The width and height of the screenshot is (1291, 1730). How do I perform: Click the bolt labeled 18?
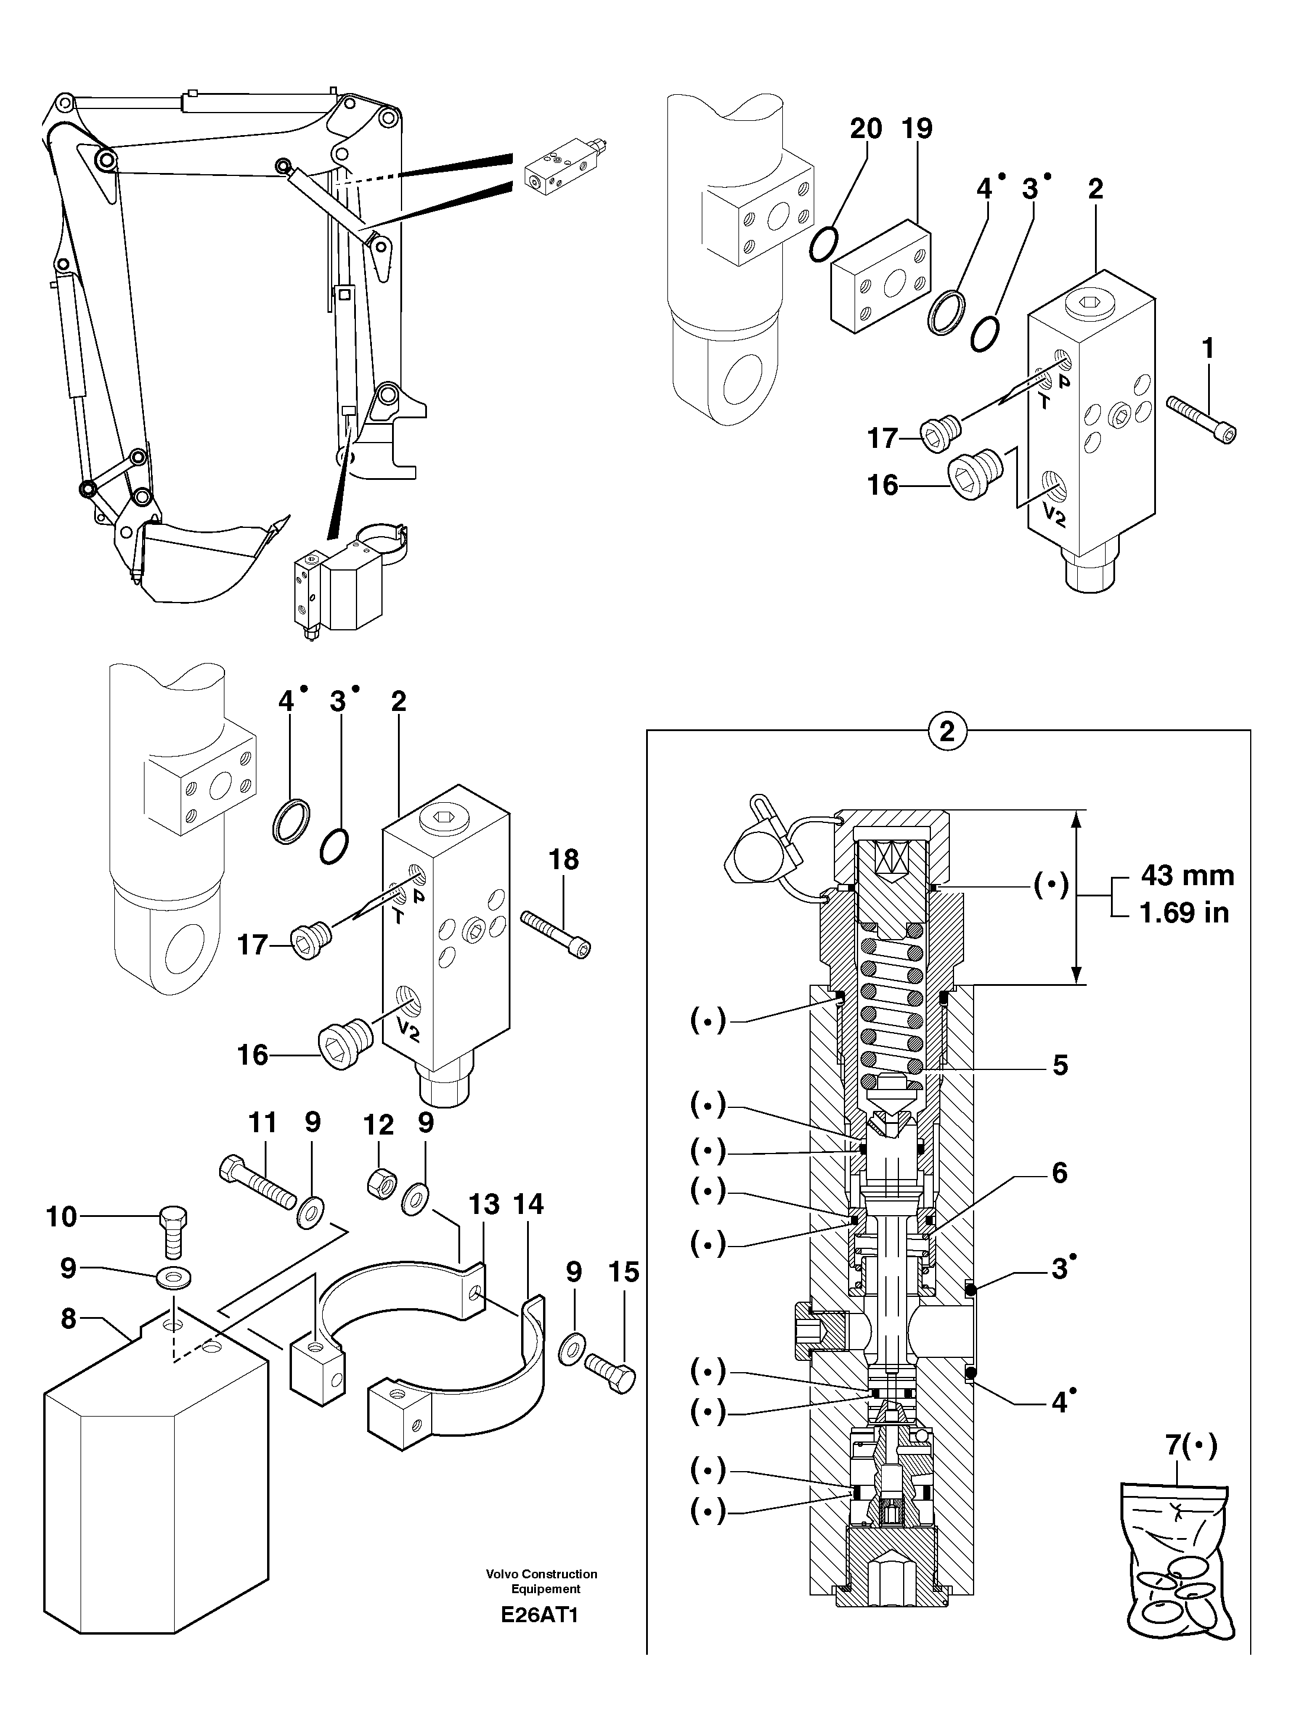(555, 933)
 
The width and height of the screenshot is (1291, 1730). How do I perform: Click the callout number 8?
(69, 1318)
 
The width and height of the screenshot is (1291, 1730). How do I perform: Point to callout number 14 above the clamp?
(528, 1204)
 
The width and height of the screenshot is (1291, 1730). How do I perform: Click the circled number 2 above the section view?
(947, 732)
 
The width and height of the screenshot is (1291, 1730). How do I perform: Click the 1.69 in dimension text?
(1184, 912)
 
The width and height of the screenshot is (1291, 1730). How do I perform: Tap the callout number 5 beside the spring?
(1059, 1065)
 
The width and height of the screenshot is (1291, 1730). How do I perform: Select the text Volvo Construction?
(541, 1574)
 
